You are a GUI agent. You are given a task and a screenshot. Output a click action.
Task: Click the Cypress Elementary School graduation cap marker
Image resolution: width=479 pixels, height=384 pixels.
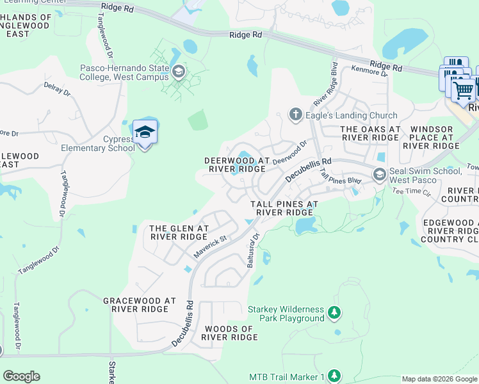point(145,132)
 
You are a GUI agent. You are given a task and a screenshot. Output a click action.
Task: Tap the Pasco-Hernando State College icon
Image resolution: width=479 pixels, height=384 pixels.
point(177,71)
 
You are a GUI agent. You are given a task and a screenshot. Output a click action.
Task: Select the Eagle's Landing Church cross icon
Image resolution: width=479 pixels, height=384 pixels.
point(295,115)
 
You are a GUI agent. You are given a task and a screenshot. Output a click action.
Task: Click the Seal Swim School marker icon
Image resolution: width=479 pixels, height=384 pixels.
point(380,174)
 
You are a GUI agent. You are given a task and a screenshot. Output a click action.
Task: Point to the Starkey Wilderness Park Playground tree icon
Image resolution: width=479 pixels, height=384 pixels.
point(333,313)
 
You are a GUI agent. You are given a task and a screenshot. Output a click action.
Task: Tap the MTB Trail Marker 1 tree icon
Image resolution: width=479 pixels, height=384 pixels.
point(334,376)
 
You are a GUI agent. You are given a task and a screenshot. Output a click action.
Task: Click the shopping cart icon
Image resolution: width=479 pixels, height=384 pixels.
point(463,90)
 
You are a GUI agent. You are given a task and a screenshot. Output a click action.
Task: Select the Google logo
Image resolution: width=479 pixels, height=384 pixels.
point(21,376)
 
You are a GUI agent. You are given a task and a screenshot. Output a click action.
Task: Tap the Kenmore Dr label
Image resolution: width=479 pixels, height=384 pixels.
point(369,72)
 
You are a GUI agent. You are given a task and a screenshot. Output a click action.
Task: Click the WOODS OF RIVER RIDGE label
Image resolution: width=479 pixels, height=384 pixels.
point(229,333)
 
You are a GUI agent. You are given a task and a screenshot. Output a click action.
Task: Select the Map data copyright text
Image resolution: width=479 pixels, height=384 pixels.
point(439,379)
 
